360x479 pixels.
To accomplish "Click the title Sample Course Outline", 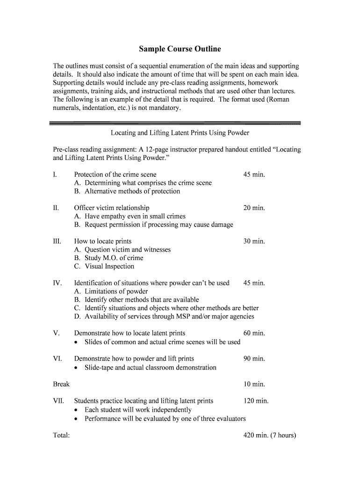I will coord(180,49).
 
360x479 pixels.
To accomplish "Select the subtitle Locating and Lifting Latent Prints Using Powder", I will coord(180,133).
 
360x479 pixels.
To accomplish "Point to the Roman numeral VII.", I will coord(58,401).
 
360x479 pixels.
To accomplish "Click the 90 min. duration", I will coord(254,359).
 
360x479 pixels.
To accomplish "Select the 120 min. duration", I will coord(256,401).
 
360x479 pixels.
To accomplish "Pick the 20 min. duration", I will coord(254,208).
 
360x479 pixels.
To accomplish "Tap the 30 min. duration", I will coord(254,241).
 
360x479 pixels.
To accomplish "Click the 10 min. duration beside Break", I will coord(254,384).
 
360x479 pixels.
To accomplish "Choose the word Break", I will coord(61,384).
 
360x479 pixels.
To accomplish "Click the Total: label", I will coord(62,435).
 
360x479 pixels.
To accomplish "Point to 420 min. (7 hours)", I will coord(270,435).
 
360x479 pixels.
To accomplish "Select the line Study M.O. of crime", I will coord(114,258).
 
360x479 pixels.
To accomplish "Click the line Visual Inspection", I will coord(109,267).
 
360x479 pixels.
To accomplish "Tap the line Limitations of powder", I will coord(116,291).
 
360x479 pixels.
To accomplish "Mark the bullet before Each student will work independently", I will coord(77,410).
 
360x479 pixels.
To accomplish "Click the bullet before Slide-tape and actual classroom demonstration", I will coord(77,368).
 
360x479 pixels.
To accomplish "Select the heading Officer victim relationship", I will coord(112,208).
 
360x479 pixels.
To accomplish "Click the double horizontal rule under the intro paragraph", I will coord(175,123).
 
